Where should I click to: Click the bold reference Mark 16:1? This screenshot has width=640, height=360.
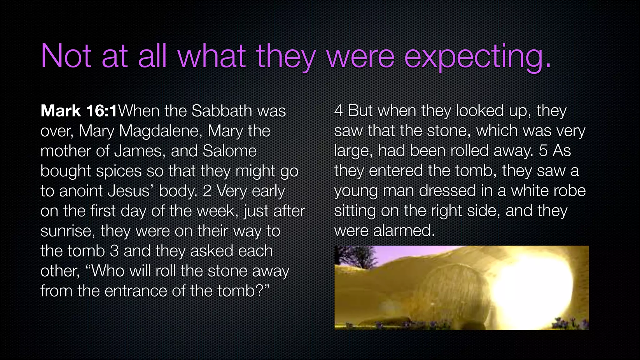tap(79, 111)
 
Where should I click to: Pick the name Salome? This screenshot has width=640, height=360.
tap(230, 151)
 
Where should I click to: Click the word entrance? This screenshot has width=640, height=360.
tap(136, 291)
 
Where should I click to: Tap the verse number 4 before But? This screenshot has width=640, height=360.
tap(338, 111)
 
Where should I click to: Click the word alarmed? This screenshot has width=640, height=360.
tap(404, 231)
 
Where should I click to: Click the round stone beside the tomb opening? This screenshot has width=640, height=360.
tap(453, 294)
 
